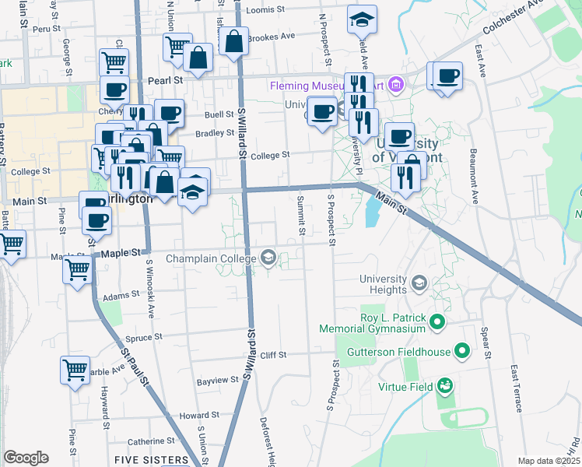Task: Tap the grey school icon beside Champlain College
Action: coord(268,258)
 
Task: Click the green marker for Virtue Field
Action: coord(444,386)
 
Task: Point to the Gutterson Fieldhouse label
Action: coord(404,352)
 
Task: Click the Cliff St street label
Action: coord(273,355)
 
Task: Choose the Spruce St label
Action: coord(143,338)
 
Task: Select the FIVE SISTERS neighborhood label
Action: coord(152,460)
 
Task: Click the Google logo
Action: coord(26,458)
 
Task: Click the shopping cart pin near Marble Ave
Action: coord(75,370)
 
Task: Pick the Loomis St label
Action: coord(267,11)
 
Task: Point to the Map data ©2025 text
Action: coord(549,461)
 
